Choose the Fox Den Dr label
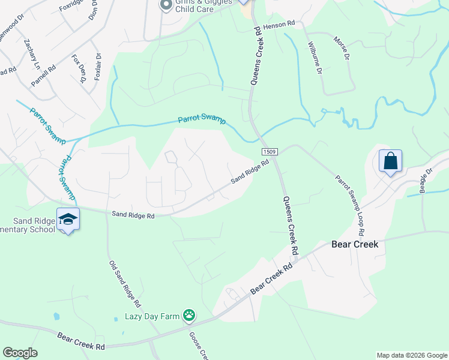coord(77,68)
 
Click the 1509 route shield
coord(269,153)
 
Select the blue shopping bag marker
coord(390,161)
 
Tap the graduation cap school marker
coord(68,220)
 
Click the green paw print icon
coord(189,315)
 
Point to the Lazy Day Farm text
coord(152,316)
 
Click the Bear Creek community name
coord(354,245)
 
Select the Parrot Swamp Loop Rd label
coord(351,205)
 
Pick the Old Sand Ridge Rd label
coord(124,283)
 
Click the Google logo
coord(20,353)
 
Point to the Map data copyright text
coord(411,355)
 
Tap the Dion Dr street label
coord(93,11)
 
